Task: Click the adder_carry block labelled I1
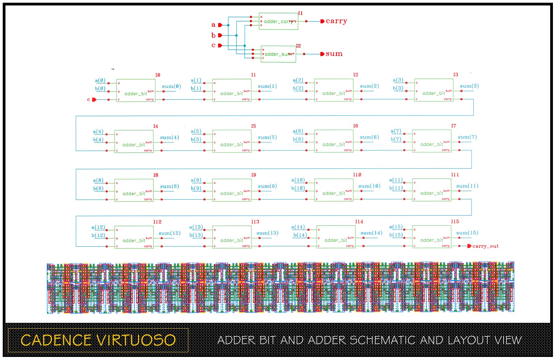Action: point(278,21)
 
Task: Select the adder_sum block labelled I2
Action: point(278,54)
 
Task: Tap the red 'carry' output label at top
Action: point(336,21)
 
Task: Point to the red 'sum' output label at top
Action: point(334,54)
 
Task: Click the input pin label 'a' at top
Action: point(214,25)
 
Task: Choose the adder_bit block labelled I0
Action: point(136,91)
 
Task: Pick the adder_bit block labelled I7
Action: point(432,141)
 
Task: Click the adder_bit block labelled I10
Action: point(334,190)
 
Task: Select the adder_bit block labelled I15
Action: point(432,237)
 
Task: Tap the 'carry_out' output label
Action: point(485,246)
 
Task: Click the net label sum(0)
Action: point(171,87)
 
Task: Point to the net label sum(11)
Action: point(467,186)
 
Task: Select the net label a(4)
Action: point(98,132)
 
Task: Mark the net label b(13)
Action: point(196,235)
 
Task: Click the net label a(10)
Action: point(298,180)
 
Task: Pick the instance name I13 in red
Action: point(255,222)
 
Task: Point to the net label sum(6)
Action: point(369,137)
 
